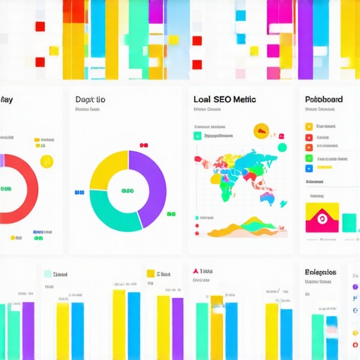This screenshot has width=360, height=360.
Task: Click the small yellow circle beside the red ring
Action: [47, 162]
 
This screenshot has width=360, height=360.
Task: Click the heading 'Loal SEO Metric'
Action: [224, 99]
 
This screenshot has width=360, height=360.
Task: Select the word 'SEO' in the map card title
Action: [224, 99]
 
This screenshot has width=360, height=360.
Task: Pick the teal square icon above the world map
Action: [198, 136]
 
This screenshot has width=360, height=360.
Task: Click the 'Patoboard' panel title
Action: [324, 99]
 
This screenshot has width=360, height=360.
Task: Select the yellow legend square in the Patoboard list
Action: [309, 127]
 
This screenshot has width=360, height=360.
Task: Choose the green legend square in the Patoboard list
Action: [309, 158]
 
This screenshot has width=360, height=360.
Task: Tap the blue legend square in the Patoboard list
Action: [309, 169]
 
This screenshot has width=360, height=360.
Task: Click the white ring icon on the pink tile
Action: [325, 219]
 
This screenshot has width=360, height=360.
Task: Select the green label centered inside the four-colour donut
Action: [128, 191]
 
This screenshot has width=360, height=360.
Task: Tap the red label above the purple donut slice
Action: [144, 146]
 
